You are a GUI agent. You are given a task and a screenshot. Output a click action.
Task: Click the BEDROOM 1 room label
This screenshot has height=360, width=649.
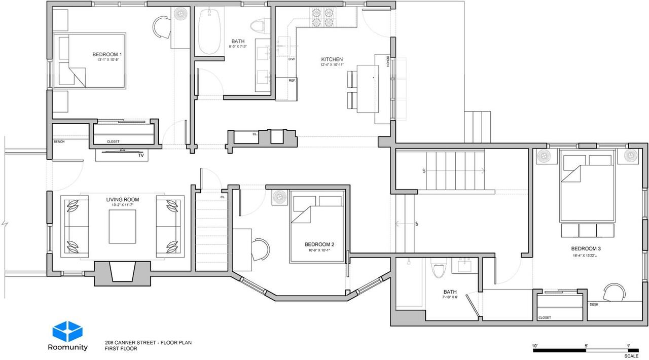click(106, 54)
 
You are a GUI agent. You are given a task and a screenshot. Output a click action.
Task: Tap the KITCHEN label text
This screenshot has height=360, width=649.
click(332, 59)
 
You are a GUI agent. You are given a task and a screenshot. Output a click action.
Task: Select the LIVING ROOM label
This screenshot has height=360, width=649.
click(122, 200)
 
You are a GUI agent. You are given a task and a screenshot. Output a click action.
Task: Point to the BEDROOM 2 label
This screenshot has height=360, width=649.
click(319, 244)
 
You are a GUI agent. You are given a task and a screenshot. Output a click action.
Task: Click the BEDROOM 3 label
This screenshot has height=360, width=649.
click(586, 248)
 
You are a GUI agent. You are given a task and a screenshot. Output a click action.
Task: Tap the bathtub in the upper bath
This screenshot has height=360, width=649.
click(208, 31)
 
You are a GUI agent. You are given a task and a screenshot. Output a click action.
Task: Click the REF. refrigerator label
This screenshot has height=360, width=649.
click(292, 81)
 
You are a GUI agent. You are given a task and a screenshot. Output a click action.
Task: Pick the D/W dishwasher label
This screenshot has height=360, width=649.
click(292, 59)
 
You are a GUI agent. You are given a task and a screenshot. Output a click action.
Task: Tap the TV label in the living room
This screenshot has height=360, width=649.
click(141, 156)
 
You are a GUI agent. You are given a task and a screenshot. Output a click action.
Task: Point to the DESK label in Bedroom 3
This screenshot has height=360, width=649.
click(594, 304)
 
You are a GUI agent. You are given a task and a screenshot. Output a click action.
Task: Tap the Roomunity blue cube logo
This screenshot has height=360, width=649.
click(67, 332)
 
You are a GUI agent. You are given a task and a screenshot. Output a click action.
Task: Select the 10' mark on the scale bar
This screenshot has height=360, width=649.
click(535, 346)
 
